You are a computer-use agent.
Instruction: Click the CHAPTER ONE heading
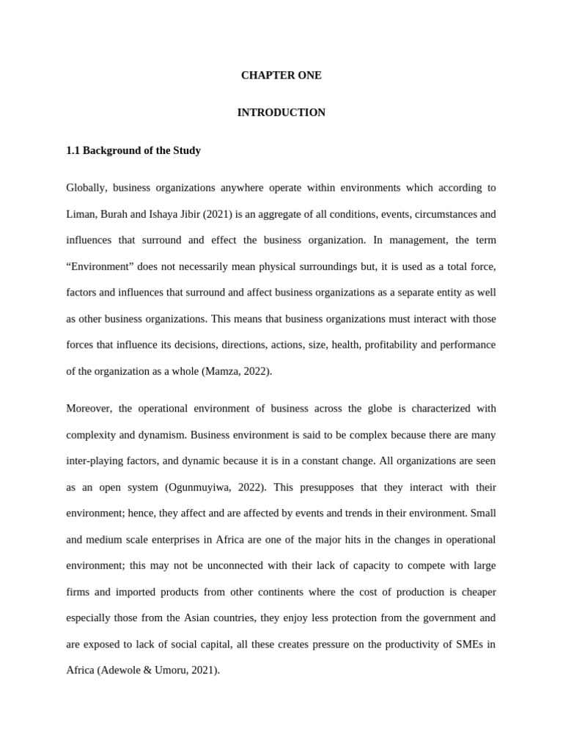[281, 76]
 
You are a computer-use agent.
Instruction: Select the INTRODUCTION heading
[281, 113]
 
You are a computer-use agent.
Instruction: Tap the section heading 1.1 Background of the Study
[133, 150]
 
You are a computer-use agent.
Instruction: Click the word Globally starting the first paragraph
[87, 188]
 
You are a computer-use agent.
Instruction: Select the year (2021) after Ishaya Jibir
[218, 214]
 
